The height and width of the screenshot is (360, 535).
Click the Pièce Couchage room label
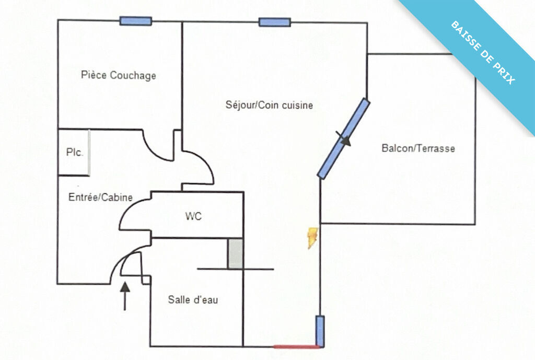[119, 75]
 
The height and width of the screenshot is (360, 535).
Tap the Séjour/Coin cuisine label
[269, 105]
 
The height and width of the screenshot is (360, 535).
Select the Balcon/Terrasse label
[418, 148]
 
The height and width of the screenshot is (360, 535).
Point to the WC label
[193, 216]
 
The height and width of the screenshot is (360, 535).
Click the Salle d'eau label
[193, 300]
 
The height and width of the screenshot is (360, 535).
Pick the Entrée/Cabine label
[100, 198]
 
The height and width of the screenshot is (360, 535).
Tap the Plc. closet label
[74, 153]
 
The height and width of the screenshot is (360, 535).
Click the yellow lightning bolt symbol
[313, 237]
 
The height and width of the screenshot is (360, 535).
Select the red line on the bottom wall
[296, 346]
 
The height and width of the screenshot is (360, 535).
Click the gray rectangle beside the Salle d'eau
[235, 254]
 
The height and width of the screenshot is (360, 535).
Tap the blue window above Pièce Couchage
[135, 21]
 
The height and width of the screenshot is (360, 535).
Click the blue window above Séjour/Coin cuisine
[274, 22]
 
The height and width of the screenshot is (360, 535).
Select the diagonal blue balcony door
[344, 139]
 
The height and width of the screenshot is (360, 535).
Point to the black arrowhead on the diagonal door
[344, 140]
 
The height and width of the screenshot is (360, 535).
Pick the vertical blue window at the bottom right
[320, 331]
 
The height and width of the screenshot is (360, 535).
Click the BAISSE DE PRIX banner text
[483, 53]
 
